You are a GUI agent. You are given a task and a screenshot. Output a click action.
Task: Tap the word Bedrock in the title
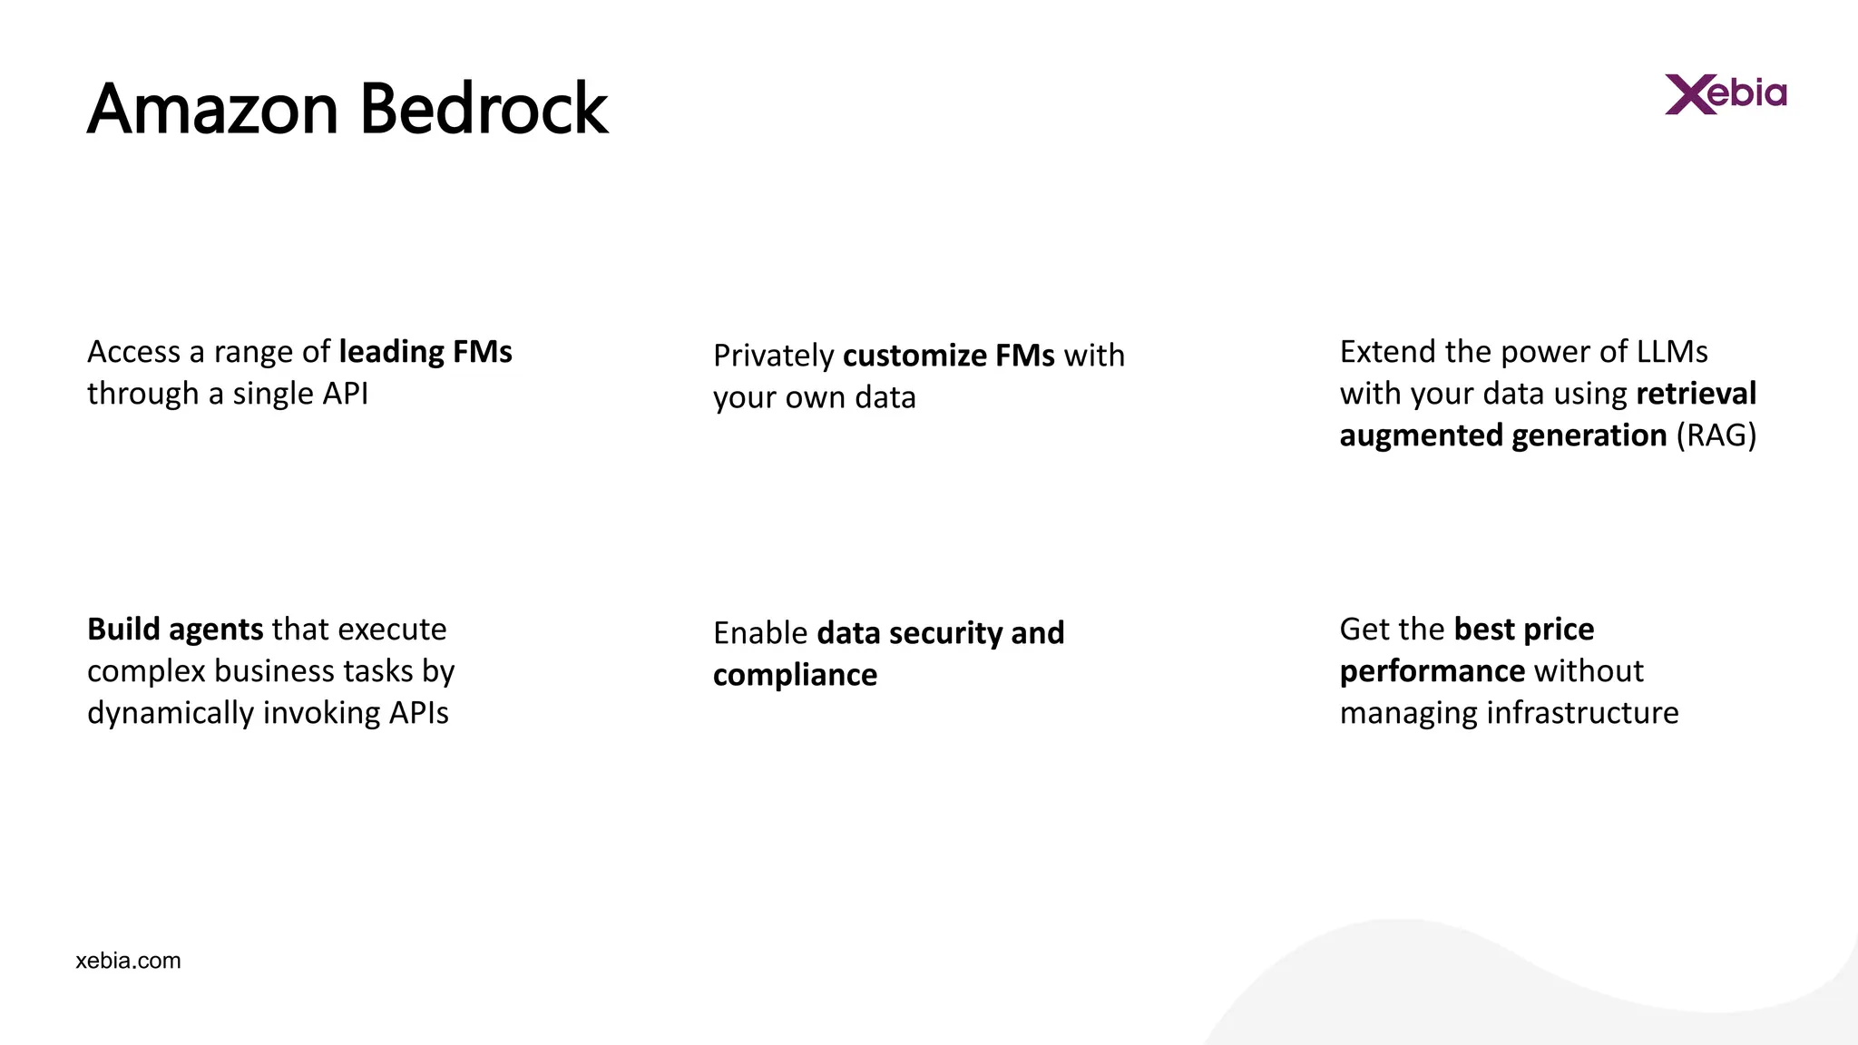coord(484,110)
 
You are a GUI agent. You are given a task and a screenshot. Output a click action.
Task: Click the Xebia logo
coord(1725,94)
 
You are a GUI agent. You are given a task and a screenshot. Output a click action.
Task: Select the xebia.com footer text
coord(128,961)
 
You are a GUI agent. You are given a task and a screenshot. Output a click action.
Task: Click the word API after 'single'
coord(345,394)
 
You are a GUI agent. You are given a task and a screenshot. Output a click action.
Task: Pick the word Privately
coord(773,356)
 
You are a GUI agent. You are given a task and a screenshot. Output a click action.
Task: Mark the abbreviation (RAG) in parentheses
coord(1716,435)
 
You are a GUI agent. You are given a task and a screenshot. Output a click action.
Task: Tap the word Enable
coord(760,633)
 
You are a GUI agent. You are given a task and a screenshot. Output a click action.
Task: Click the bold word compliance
coord(795,675)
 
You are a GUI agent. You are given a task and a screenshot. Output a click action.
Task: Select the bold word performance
coord(1432,671)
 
